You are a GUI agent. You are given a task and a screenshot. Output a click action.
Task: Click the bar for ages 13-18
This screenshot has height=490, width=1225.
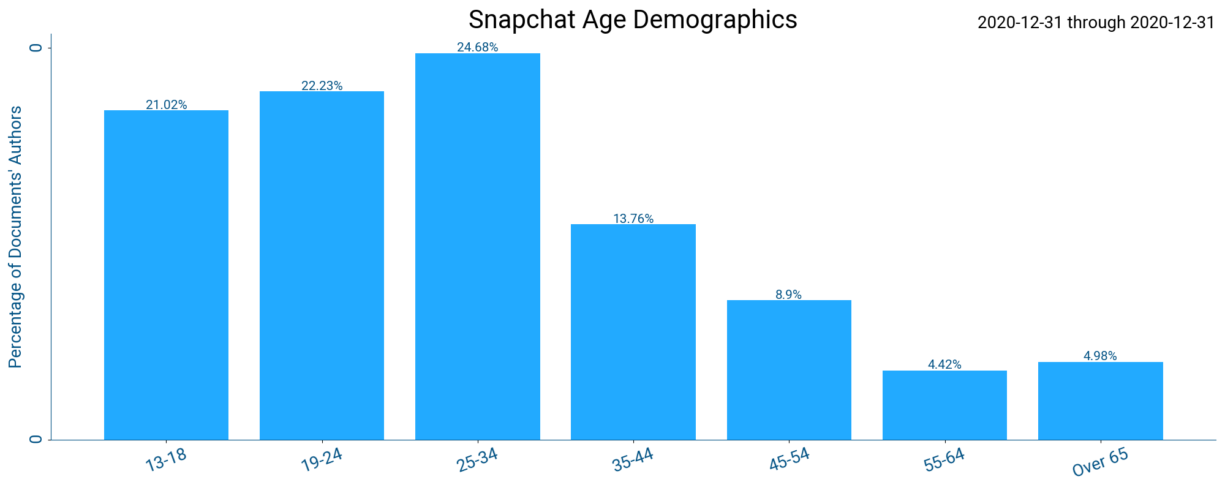coord(166,275)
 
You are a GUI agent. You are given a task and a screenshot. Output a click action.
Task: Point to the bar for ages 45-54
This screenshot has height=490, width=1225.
coord(789,370)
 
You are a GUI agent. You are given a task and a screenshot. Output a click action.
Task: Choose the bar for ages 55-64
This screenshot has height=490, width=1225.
coord(944,405)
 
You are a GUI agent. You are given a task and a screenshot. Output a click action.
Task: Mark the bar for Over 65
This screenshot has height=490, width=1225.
coord(1100,401)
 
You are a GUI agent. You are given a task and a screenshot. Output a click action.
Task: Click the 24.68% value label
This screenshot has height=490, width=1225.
coord(478,47)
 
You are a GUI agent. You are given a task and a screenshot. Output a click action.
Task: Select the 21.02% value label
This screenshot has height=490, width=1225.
coord(166,105)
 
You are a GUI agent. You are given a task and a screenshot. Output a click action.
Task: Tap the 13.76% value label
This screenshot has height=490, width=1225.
coord(633,219)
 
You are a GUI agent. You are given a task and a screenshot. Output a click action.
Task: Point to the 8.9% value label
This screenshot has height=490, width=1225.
coord(789,295)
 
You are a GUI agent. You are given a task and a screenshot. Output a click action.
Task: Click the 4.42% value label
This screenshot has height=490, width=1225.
coord(944,364)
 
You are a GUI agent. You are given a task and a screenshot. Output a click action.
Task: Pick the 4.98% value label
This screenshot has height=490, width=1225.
coord(1100,356)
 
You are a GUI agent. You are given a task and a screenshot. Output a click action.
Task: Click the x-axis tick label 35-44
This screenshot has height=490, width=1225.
coord(633,460)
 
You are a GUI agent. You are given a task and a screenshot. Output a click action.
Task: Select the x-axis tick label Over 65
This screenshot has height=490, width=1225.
coord(1100,462)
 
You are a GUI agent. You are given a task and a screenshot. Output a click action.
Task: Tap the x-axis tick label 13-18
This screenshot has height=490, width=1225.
coord(166,460)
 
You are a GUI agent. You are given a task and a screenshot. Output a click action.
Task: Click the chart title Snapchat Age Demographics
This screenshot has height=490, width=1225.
coord(633,20)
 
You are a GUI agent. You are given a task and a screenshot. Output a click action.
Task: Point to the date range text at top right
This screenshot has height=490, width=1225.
coord(1096,23)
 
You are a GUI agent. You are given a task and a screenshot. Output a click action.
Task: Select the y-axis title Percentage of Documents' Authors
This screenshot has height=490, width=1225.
coord(15,237)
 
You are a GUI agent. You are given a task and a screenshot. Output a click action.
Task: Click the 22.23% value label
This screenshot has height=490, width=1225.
coord(322,86)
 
